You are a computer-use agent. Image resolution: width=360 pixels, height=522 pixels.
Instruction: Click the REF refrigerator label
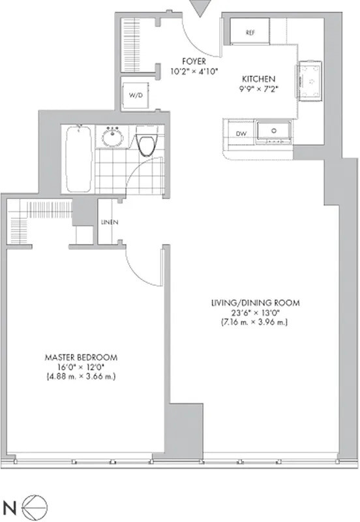point(250,33)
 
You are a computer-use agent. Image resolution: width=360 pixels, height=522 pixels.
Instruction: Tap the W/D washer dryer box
point(136,94)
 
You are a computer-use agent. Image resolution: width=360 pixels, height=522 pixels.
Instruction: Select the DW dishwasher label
point(241,134)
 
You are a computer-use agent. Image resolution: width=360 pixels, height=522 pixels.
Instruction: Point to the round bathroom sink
point(112,136)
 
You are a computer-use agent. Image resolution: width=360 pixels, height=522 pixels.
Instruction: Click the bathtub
point(78,159)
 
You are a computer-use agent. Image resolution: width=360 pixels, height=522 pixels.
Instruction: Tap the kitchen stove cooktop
point(309,81)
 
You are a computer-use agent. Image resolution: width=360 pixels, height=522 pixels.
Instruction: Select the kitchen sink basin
point(273,131)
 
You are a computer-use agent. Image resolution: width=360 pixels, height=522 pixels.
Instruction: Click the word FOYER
point(194,61)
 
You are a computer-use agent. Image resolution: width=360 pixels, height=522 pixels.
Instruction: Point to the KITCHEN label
point(258,79)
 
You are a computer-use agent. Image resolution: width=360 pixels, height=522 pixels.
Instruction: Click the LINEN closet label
point(110,222)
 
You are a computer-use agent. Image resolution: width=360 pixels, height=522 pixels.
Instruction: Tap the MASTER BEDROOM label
point(81,358)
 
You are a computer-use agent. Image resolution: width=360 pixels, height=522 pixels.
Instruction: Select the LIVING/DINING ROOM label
point(255,303)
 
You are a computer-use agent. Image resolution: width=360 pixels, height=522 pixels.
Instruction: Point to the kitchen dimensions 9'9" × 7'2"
point(258,89)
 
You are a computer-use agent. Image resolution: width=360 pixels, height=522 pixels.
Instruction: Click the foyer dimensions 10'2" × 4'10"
point(194,71)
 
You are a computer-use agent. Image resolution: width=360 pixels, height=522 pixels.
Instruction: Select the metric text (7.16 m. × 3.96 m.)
point(254,322)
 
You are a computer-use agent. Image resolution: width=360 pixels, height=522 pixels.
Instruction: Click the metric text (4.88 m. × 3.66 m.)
point(81,377)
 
